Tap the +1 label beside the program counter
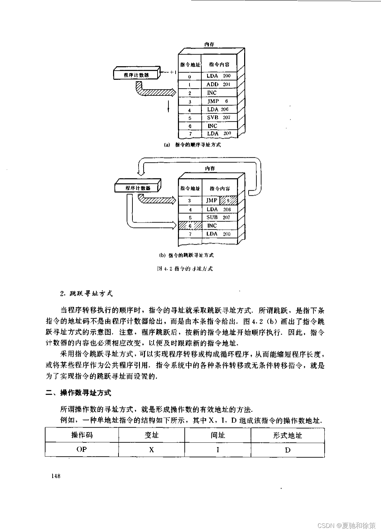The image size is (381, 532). click(x=173, y=72)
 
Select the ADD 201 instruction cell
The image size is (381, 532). click(x=218, y=84)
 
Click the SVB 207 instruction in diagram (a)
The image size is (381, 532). click(x=218, y=117)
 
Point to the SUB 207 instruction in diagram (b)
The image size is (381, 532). click(x=218, y=217)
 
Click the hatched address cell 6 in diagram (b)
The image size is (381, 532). click(x=190, y=226)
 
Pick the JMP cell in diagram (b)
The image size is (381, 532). click(x=212, y=201)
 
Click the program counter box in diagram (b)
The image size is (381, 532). click(x=138, y=188)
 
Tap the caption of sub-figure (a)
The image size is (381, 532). click(x=192, y=145)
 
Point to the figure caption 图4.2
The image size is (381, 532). click(x=185, y=269)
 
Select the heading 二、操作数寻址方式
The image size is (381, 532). click(x=79, y=393)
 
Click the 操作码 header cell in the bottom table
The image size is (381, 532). click(x=82, y=435)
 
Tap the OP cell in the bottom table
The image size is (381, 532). click(x=82, y=450)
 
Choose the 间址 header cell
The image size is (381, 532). click(x=218, y=435)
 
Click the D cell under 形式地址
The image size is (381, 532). click(x=288, y=450)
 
